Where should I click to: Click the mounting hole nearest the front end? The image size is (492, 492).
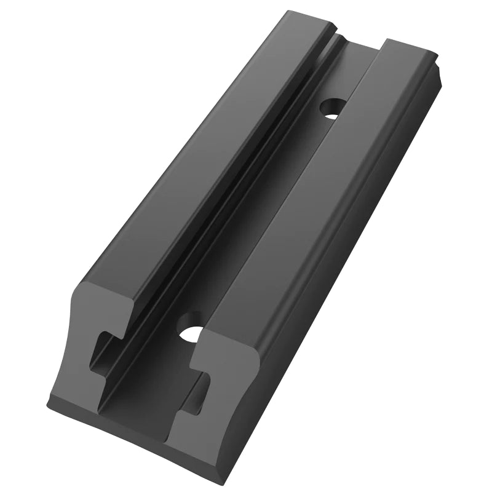coord(192,334)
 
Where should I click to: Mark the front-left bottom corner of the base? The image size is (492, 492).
coord(49,406)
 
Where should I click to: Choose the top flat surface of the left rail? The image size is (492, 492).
coord(203,154)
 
